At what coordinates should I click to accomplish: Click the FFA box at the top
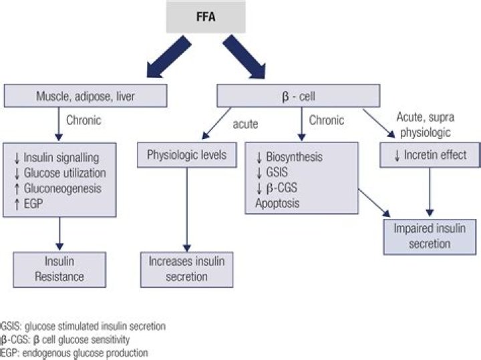click(x=206, y=15)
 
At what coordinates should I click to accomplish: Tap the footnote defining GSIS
click(x=84, y=326)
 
